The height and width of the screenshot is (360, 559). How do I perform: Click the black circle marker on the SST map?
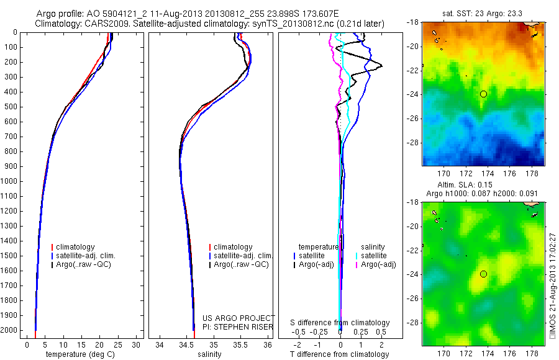(483, 94)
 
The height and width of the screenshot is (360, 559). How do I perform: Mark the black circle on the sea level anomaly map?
(483, 274)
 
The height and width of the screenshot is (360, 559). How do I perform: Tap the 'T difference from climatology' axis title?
(340, 354)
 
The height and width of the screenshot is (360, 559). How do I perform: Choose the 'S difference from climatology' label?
(340, 323)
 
